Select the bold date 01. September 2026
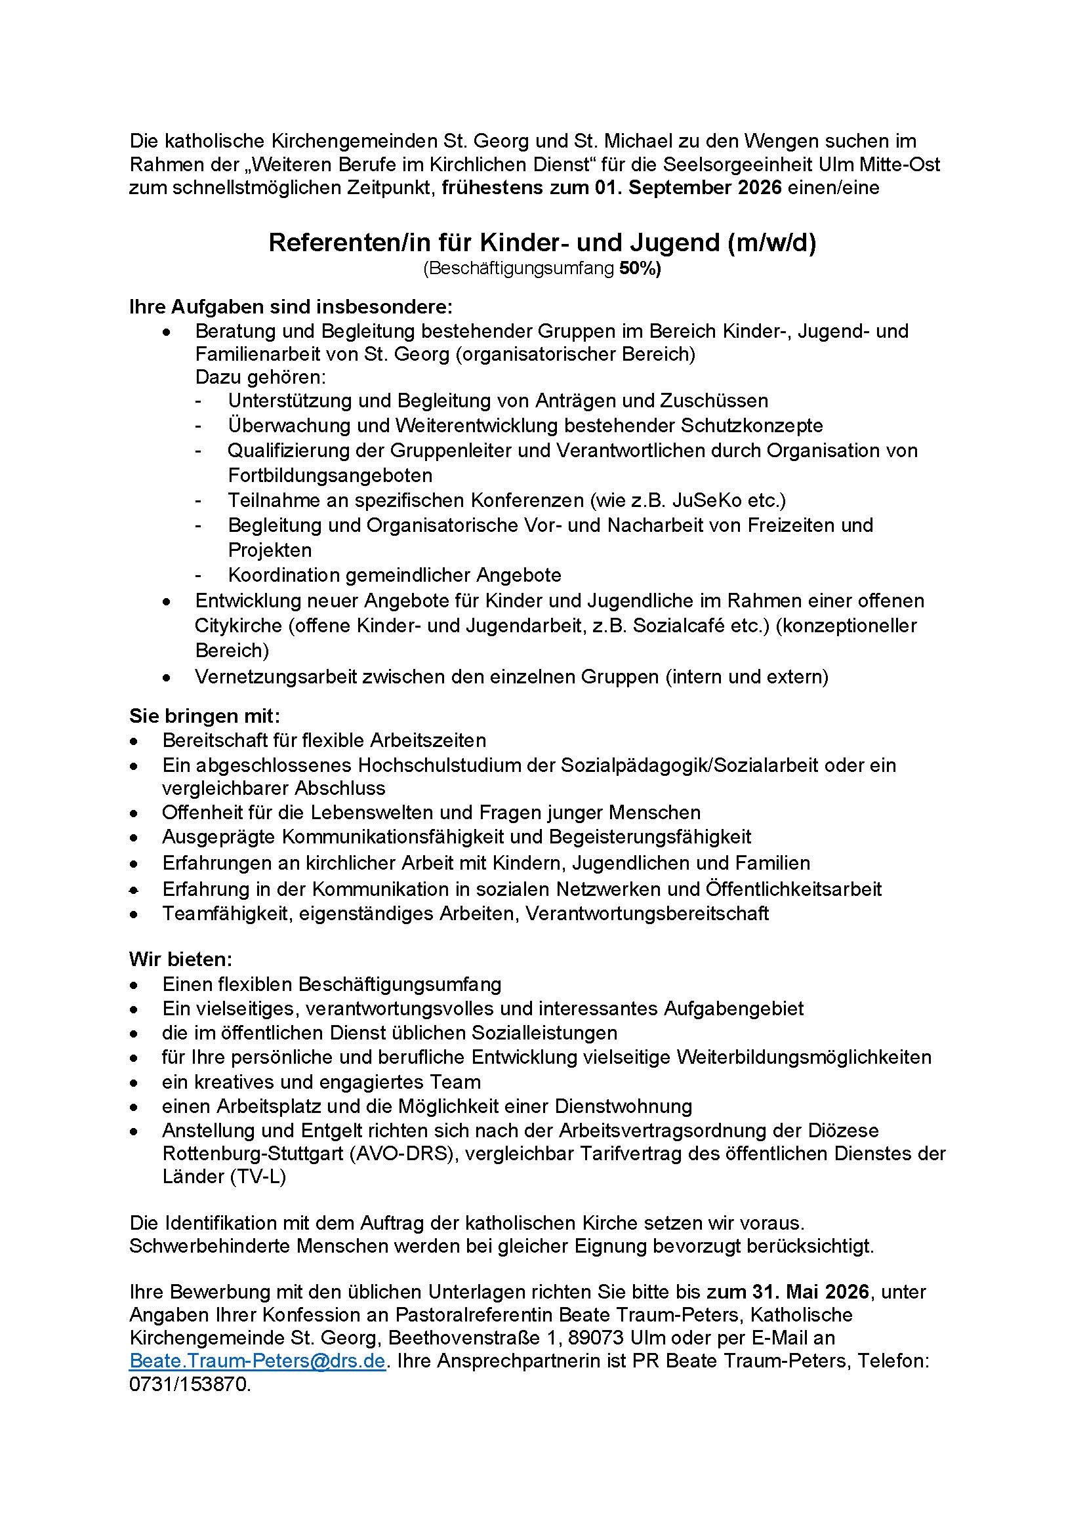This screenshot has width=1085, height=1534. (688, 188)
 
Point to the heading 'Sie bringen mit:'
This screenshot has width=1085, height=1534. (205, 716)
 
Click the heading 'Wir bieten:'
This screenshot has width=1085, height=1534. (180, 959)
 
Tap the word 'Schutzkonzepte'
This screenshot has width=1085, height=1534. (752, 425)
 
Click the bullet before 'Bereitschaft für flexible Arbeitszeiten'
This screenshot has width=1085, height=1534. (135, 741)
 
